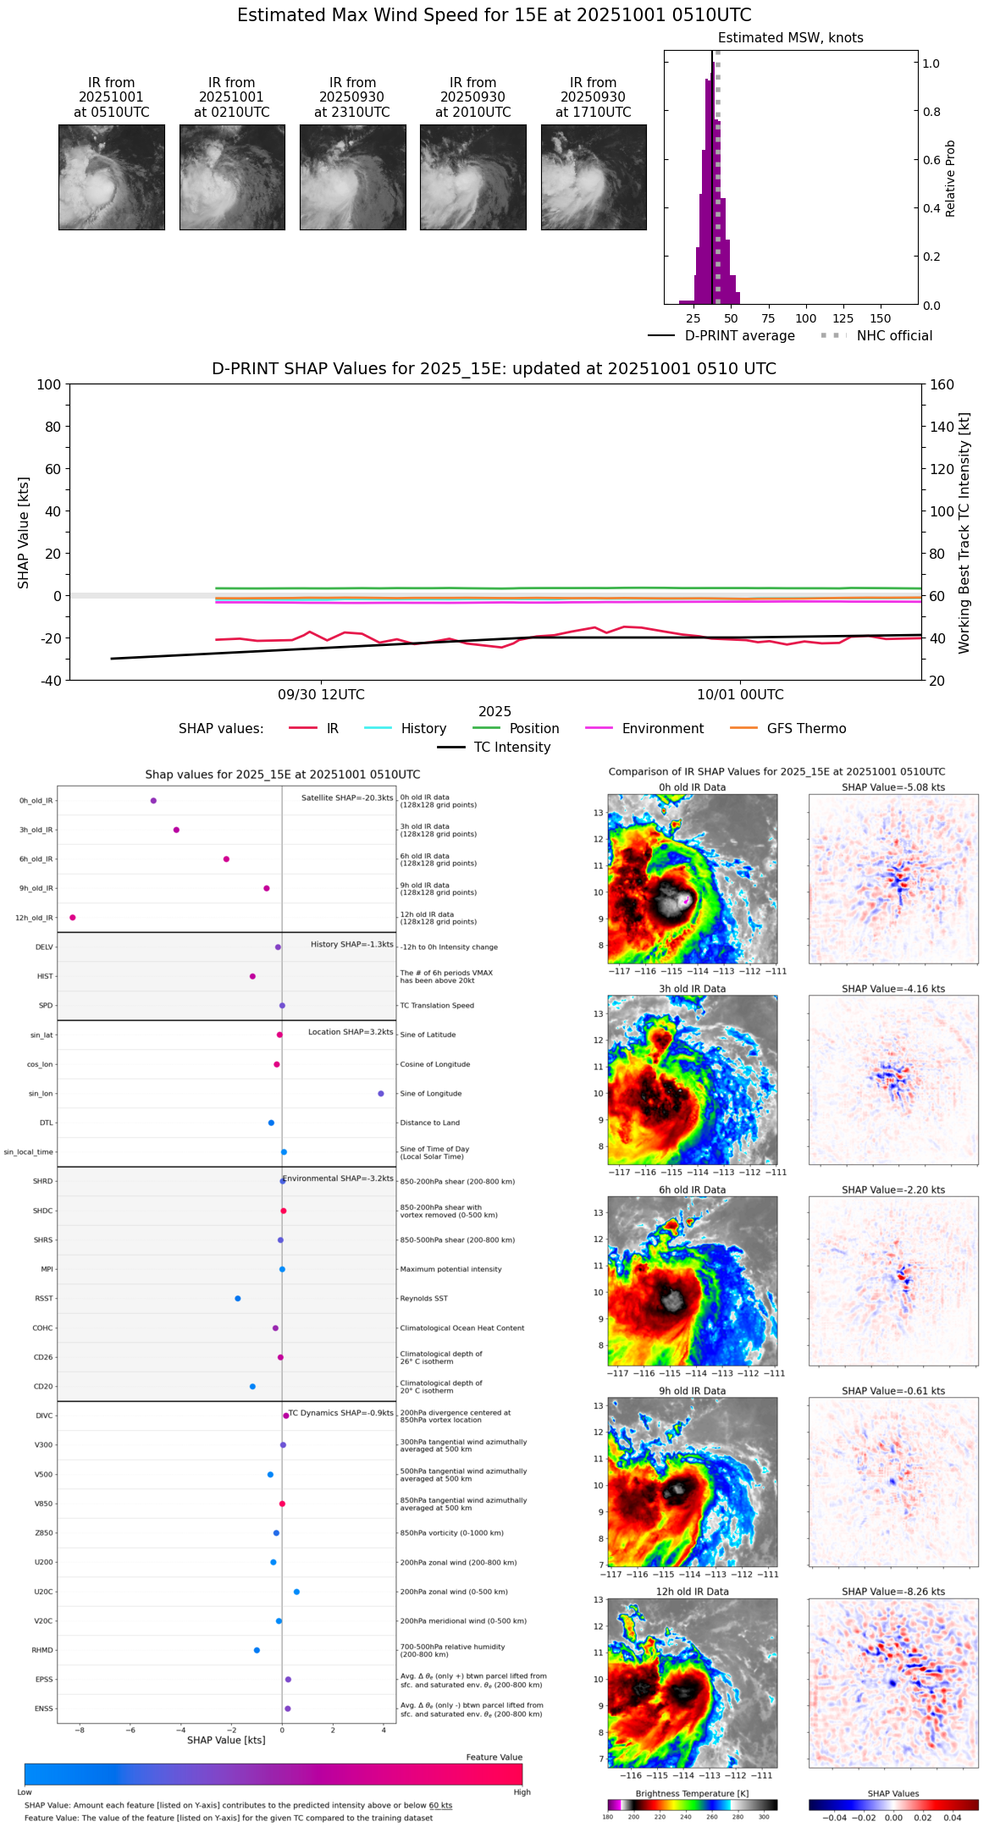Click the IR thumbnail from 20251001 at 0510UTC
click(x=111, y=177)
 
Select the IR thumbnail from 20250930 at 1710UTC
click(x=594, y=177)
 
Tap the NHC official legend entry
click(x=894, y=336)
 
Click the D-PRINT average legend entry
click(x=739, y=336)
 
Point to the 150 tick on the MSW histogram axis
click(x=881, y=318)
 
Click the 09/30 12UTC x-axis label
click(x=321, y=695)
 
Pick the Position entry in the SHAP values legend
click(x=533, y=729)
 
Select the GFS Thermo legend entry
click(x=806, y=729)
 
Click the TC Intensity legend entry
click(x=511, y=748)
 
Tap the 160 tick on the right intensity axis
click(x=942, y=385)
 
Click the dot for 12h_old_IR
click(x=73, y=918)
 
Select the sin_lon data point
click(x=381, y=1094)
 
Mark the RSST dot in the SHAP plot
click(x=238, y=1299)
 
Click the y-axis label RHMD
click(x=42, y=1650)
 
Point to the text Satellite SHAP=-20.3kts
click(x=347, y=798)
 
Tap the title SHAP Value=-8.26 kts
click(x=893, y=1592)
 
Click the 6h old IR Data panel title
click(x=692, y=1190)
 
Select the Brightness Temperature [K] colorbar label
click(x=692, y=1794)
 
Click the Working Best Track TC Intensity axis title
click(x=964, y=533)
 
